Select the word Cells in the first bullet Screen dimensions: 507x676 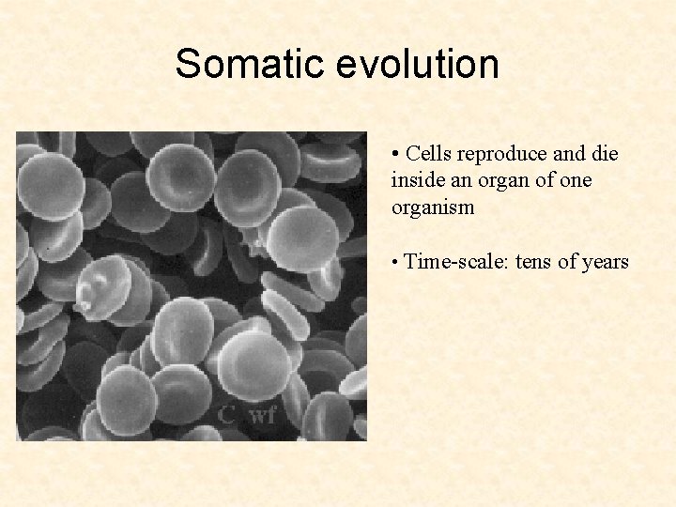(x=429, y=154)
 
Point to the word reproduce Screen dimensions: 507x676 (x=504, y=154)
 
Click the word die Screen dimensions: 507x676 (x=606, y=154)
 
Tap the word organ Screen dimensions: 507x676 (x=499, y=180)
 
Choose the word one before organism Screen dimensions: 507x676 (x=576, y=180)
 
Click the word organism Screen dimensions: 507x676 (x=433, y=207)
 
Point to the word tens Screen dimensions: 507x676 (x=532, y=262)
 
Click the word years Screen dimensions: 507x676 (x=606, y=262)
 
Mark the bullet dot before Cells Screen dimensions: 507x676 (x=397, y=154)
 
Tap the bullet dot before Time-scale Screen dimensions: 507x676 (x=397, y=262)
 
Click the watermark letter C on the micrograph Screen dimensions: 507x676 (x=226, y=414)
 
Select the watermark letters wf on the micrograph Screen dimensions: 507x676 (x=262, y=414)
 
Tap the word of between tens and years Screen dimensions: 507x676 (x=568, y=262)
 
